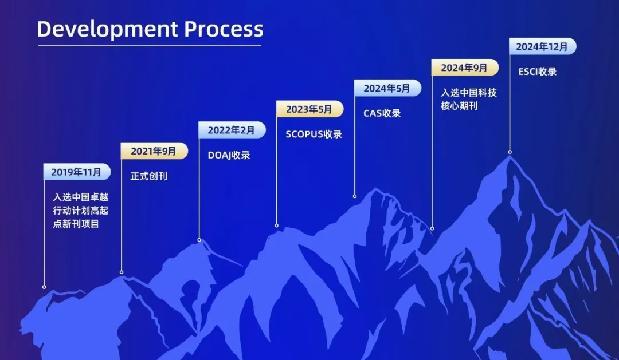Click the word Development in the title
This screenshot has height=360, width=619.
[x=107, y=30]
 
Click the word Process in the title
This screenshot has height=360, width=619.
[x=224, y=29]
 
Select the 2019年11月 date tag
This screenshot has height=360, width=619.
[x=77, y=172]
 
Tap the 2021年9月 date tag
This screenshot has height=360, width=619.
[x=154, y=151]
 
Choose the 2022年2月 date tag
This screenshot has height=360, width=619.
[x=232, y=130]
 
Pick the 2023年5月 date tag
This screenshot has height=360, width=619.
[x=310, y=109]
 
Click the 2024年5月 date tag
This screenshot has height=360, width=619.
[x=387, y=88]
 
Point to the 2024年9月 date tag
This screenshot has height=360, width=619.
[x=465, y=68]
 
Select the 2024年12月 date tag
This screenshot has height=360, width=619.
[x=543, y=46]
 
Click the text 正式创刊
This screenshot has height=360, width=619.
[x=149, y=176]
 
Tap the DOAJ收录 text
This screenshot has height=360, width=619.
[x=229, y=155]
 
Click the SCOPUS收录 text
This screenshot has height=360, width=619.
[x=314, y=134]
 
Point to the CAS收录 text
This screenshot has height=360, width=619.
[x=382, y=113]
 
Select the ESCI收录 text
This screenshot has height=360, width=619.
[x=538, y=72]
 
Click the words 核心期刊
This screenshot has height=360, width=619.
[x=459, y=106]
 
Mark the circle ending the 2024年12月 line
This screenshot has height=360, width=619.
[x=510, y=152]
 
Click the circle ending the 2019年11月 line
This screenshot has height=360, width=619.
[x=44, y=287]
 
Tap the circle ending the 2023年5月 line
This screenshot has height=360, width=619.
[x=277, y=226]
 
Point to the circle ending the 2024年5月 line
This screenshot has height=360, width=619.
[x=355, y=196]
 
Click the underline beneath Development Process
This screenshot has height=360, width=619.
[x=150, y=46]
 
